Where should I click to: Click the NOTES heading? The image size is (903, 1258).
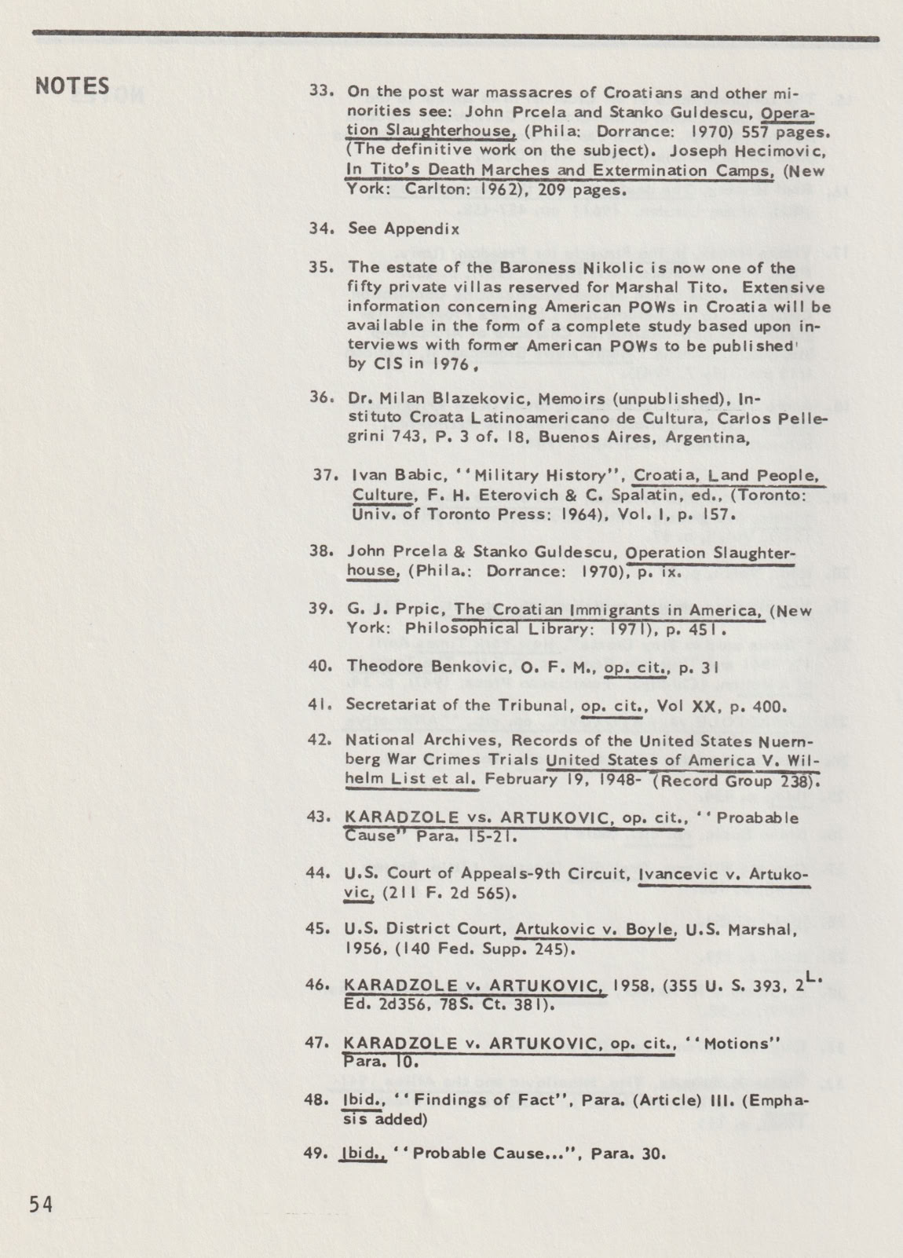[x=72, y=86]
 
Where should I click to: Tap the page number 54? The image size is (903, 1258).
[x=40, y=1204]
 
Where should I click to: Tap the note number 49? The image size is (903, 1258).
[x=318, y=1154]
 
